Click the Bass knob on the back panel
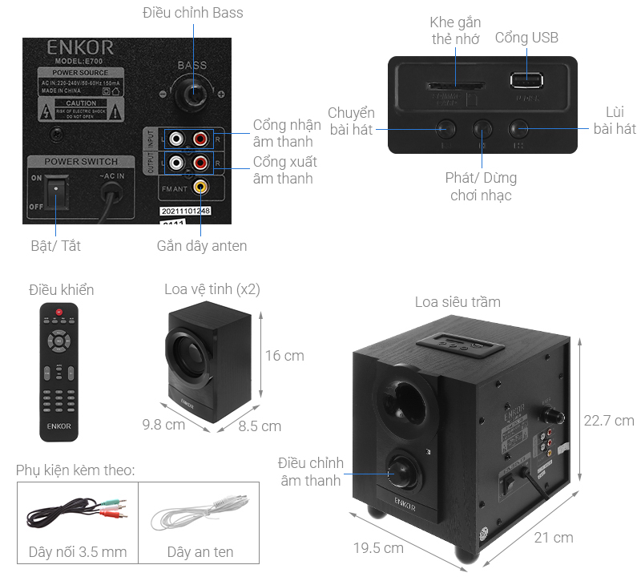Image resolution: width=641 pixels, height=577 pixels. pyautogui.click(x=193, y=94)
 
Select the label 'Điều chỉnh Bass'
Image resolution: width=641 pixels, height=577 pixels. pyautogui.click(x=192, y=13)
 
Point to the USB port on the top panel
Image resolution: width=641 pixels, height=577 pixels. pyautogui.click(x=526, y=80)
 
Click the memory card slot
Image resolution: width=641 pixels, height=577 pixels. pyautogui.click(x=454, y=84)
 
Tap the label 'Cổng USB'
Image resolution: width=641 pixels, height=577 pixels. pyautogui.click(x=526, y=38)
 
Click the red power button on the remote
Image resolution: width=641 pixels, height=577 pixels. pyautogui.click(x=58, y=311)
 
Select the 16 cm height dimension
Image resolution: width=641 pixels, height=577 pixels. pyautogui.click(x=284, y=355)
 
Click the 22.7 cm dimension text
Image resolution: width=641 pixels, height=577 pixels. pyautogui.click(x=608, y=420)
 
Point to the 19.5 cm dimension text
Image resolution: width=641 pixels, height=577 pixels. pyautogui.click(x=377, y=548)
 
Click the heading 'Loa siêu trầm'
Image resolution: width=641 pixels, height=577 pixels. pyautogui.click(x=458, y=302)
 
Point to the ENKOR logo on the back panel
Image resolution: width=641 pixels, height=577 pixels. pyautogui.click(x=80, y=46)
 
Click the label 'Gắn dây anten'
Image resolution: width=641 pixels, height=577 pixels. pyautogui.click(x=202, y=246)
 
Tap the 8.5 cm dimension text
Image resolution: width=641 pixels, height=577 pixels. pyautogui.click(x=260, y=426)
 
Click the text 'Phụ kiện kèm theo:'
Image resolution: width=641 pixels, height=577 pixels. pyautogui.click(x=75, y=470)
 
